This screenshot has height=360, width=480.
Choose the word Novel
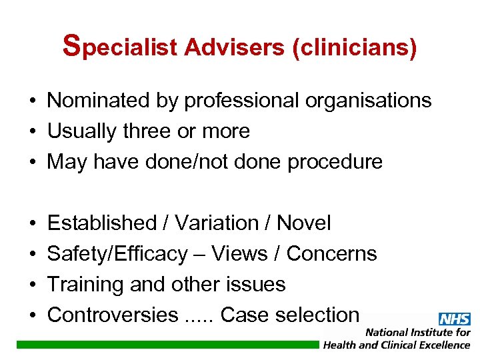[x=303, y=223]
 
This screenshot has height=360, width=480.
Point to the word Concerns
[x=331, y=254]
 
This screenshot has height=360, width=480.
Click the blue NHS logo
[x=454, y=319]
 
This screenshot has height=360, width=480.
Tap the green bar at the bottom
[x=167, y=344]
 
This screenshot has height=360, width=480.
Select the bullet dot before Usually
[x=32, y=132]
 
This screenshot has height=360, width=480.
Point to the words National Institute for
[x=417, y=332]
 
